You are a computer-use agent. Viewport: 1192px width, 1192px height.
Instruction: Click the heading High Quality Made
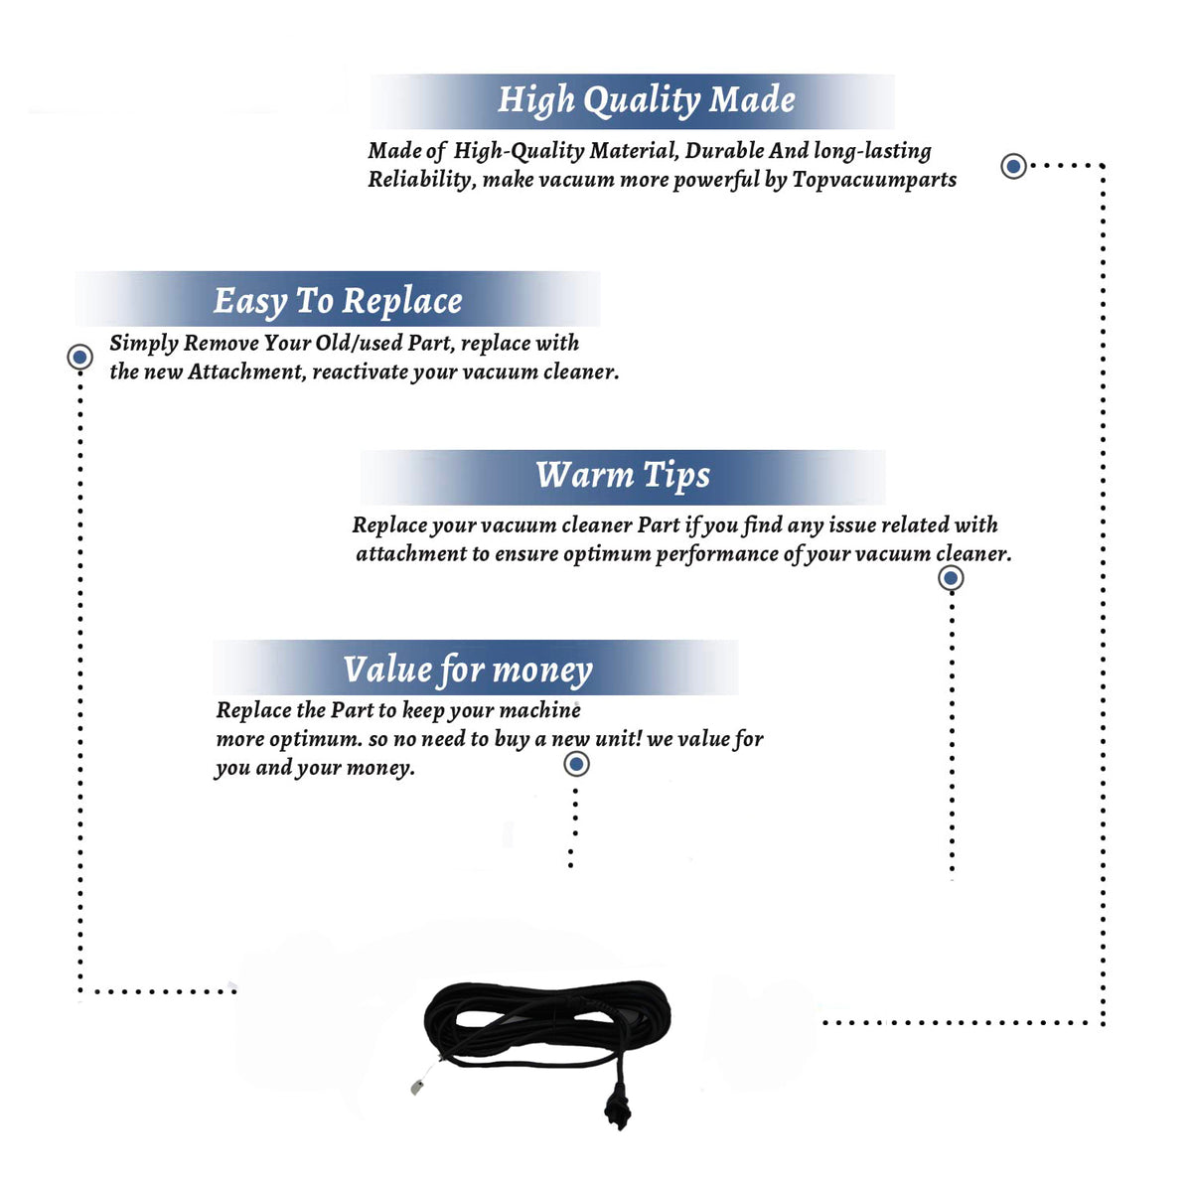point(646,100)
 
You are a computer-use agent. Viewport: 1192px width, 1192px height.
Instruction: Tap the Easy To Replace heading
point(338,302)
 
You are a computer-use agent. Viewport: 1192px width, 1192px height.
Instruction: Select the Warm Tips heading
point(623,476)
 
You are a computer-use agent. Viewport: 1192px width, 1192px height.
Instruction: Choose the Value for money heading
point(468,670)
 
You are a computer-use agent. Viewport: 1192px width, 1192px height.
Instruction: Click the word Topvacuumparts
point(874,180)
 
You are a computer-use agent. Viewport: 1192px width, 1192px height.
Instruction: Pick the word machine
point(539,710)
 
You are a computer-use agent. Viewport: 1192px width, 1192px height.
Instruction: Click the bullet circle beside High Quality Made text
point(1013,166)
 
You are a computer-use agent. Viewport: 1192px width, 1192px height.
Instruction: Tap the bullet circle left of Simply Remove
point(79,357)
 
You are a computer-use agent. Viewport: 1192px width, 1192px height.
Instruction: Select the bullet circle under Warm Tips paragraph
point(951,578)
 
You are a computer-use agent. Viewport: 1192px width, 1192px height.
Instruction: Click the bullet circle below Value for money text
point(576,765)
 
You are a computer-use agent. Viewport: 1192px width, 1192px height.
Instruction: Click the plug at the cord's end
point(617,1112)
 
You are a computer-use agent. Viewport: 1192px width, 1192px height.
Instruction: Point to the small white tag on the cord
point(417,1088)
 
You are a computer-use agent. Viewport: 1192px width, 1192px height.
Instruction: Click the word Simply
point(143,344)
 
